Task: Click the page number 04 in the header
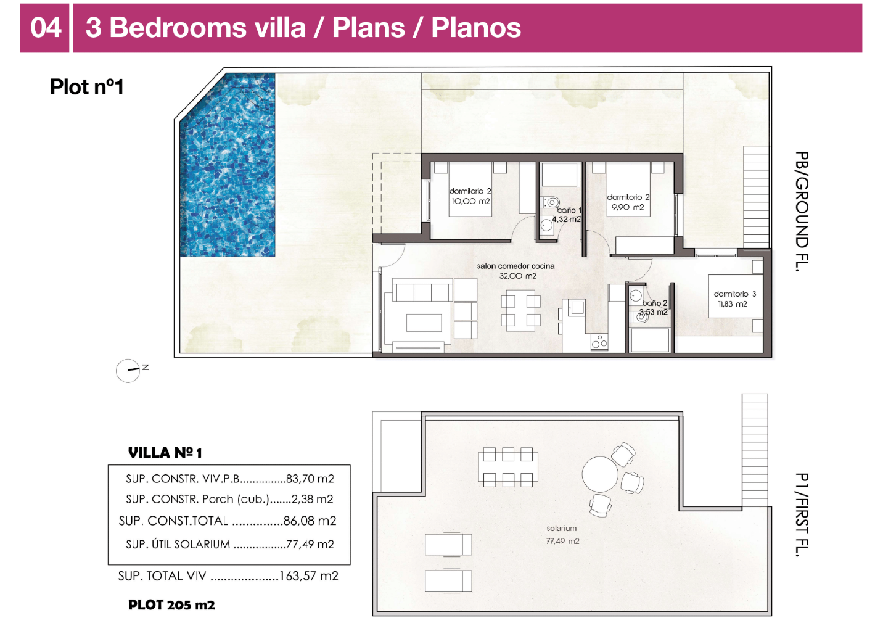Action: [x=46, y=28]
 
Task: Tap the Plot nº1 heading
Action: [x=87, y=87]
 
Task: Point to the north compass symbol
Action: [x=128, y=371]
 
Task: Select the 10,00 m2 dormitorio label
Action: [x=470, y=197]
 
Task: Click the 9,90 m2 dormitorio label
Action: [x=628, y=202]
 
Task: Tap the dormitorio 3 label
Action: [x=734, y=299]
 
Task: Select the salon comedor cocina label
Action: [x=515, y=271]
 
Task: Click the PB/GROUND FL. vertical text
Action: [x=801, y=212]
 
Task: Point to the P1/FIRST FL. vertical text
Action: [x=801, y=514]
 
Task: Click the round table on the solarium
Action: [x=599, y=474]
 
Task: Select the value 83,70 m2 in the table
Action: [x=310, y=479]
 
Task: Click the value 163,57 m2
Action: [x=309, y=576]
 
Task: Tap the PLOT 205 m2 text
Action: [x=171, y=605]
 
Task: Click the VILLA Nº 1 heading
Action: [x=165, y=453]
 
